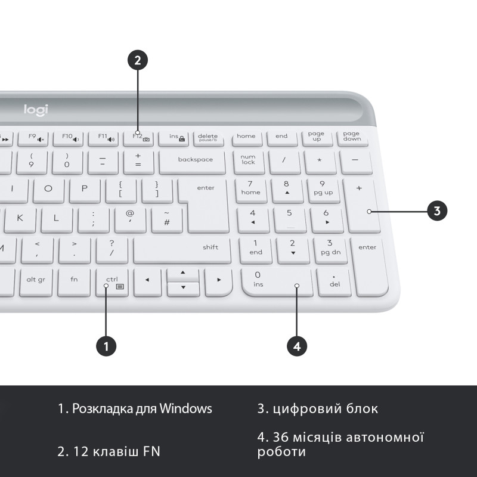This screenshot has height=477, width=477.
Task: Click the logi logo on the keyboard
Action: click(36, 110)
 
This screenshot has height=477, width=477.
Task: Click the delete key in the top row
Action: click(208, 138)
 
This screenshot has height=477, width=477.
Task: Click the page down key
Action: click(352, 137)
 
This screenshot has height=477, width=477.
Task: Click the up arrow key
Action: click(182, 274)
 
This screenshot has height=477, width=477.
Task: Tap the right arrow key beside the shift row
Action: click(219, 281)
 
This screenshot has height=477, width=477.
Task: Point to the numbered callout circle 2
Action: click(138, 60)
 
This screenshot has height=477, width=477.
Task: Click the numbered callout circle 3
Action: click(437, 210)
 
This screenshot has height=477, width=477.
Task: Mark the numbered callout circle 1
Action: click(106, 345)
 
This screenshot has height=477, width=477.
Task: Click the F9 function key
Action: click(33, 138)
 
